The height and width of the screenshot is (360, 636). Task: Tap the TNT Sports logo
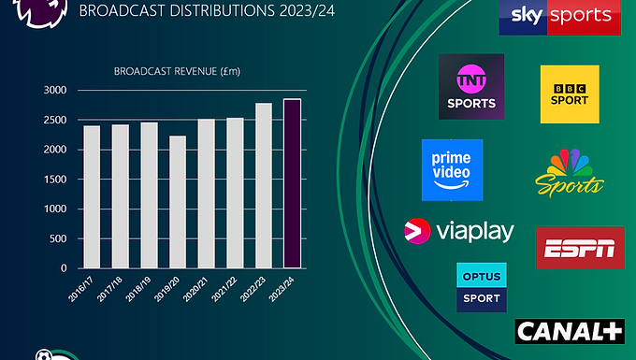click(471, 86)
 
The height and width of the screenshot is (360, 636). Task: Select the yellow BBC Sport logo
click(570, 94)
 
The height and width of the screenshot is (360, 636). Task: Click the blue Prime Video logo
click(452, 170)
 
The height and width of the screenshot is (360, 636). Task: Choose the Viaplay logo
click(458, 232)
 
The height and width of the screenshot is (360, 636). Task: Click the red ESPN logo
click(580, 248)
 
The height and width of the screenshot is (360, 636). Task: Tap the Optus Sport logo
click(480, 288)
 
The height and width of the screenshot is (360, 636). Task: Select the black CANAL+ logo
click(569, 330)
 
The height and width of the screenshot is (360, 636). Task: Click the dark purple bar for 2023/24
click(293, 183)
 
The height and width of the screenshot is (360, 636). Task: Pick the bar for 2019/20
click(178, 202)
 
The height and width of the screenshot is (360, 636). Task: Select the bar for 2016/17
click(92, 196)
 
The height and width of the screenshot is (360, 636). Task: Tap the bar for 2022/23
click(264, 185)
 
